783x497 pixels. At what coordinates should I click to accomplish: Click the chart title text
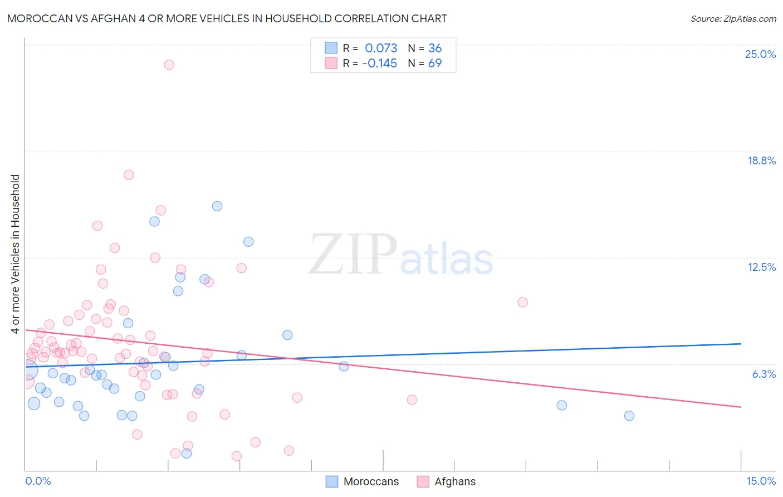pyautogui.click(x=227, y=18)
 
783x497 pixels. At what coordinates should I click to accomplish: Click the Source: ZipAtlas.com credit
pyautogui.click(x=733, y=18)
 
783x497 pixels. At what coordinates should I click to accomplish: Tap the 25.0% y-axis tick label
pyautogui.click(x=760, y=54)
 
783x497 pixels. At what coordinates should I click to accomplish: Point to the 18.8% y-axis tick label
pyautogui.click(x=761, y=160)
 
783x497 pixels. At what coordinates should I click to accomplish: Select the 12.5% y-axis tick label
pyautogui.click(x=761, y=267)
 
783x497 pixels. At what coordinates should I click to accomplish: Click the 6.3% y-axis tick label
pyautogui.click(x=764, y=374)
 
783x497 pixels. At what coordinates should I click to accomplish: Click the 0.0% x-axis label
pyautogui.click(x=38, y=481)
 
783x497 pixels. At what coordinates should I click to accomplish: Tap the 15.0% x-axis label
pyautogui.click(x=761, y=481)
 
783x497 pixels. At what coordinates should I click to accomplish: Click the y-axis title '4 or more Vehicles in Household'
pyautogui.click(x=16, y=254)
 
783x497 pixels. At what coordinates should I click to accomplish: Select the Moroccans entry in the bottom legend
pyautogui.click(x=371, y=481)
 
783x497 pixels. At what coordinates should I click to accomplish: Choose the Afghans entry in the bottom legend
pyautogui.click(x=455, y=481)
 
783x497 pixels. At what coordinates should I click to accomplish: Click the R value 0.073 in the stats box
pyautogui.click(x=381, y=48)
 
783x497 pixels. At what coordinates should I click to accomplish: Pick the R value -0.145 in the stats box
pyautogui.click(x=379, y=63)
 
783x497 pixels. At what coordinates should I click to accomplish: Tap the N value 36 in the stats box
pyautogui.click(x=435, y=48)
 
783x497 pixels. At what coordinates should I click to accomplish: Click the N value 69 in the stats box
pyautogui.click(x=435, y=63)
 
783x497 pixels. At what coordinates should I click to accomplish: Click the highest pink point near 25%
pyautogui.click(x=169, y=65)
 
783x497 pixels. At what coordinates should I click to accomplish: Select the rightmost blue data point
pyautogui.click(x=629, y=416)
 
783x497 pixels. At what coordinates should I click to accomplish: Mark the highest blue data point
pyautogui.click(x=217, y=206)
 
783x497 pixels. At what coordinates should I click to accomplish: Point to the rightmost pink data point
pyautogui.click(x=522, y=302)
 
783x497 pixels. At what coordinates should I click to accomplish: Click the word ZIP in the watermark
pyautogui.click(x=353, y=255)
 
